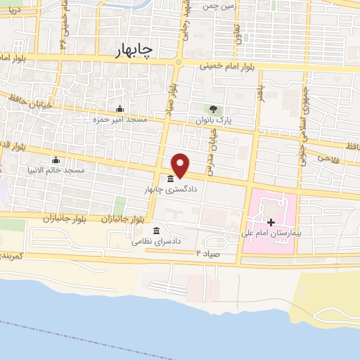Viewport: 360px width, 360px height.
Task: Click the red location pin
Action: point(181,165)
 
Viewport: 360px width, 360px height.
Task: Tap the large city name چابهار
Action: point(136,51)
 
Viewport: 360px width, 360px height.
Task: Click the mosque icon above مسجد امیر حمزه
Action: point(120,109)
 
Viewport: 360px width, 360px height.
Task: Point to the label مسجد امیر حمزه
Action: point(120,120)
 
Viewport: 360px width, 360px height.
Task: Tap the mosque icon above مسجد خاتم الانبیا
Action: point(55,160)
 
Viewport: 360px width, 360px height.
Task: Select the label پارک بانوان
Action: point(214,121)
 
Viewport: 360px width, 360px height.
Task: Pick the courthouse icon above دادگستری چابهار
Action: point(171,179)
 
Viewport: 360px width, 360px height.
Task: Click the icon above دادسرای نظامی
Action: point(156,231)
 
